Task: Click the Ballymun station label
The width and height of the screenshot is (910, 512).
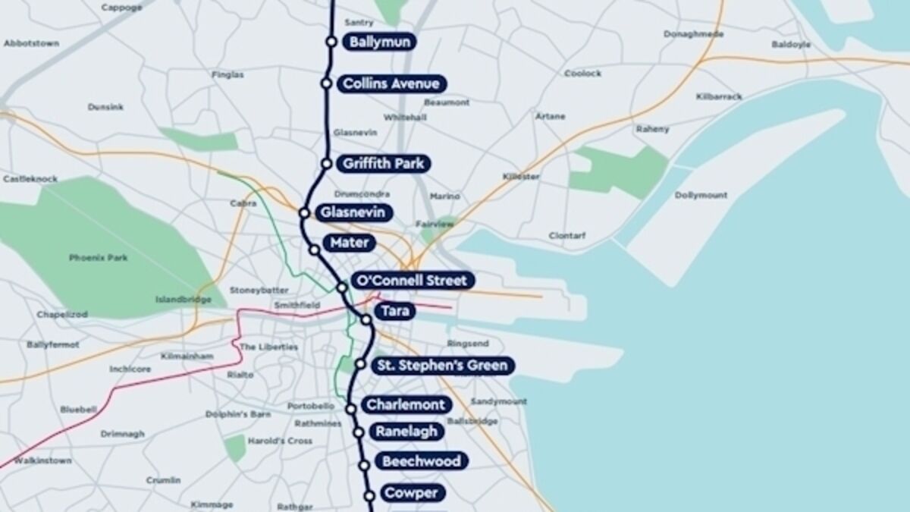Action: coord(380,42)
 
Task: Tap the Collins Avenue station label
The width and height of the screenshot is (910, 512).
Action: coord(391,83)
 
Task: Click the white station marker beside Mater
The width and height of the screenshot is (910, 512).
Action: coord(314,250)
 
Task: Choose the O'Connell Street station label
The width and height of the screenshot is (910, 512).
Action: coord(413,281)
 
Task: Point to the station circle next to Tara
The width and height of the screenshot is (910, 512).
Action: coord(366,320)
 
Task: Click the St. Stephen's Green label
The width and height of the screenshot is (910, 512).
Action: coord(442,366)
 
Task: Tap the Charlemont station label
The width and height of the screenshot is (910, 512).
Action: coord(406,405)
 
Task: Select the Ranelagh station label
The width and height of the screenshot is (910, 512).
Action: coord(406,432)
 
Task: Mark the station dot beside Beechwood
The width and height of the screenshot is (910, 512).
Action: coord(364,465)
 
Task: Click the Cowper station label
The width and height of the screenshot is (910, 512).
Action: coord(410,494)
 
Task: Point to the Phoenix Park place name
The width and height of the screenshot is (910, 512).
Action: coord(98,258)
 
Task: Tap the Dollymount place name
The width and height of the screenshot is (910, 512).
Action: coord(701,196)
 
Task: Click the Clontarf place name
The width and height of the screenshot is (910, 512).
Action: coord(567,236)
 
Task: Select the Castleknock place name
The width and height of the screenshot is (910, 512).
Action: coord(30,179)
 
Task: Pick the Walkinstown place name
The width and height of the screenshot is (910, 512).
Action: coord(43,460)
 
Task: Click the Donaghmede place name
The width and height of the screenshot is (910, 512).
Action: coord(693,34)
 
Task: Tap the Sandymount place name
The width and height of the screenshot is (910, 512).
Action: coord(498,401)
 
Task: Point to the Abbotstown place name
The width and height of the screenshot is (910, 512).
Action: coord(31,43)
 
